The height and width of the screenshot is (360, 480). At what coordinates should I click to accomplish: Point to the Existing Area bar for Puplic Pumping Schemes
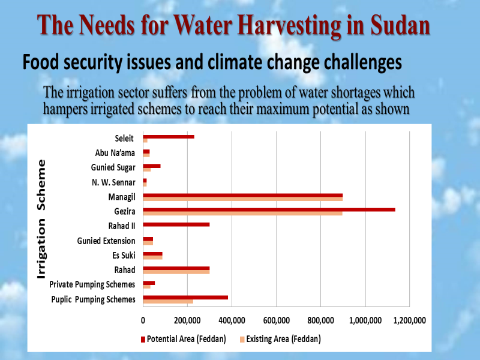168,301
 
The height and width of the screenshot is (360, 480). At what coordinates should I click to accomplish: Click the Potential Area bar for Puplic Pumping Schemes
185,297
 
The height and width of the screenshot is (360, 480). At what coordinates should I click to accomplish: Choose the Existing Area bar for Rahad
176,272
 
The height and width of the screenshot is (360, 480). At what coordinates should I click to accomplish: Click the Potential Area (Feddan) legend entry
184,339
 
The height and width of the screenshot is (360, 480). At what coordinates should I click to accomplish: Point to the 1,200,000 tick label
410,320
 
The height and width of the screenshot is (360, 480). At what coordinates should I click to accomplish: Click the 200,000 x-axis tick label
187,320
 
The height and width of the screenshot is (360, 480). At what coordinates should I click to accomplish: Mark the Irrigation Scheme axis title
41,219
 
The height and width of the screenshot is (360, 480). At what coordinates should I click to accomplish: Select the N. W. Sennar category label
113,182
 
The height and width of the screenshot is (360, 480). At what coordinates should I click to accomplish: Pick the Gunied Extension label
106,241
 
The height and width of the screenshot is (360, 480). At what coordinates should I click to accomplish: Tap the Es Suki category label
124,255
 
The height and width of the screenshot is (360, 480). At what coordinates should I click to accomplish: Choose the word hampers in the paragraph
63,109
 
